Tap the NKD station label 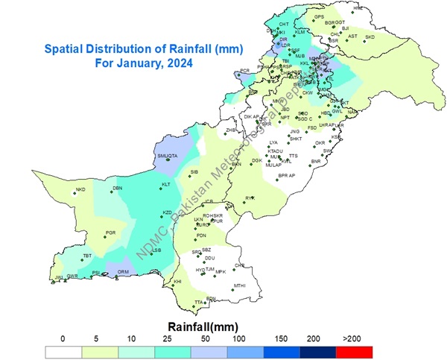[80, 189]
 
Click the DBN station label [117, 188]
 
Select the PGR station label [110, 233]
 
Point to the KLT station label [166, 184]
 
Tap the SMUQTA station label [168, 155]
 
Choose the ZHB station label [231, 130]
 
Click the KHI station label [177, 281]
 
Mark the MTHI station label [239, 285]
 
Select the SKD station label [370, 37]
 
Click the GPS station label [320, 16]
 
